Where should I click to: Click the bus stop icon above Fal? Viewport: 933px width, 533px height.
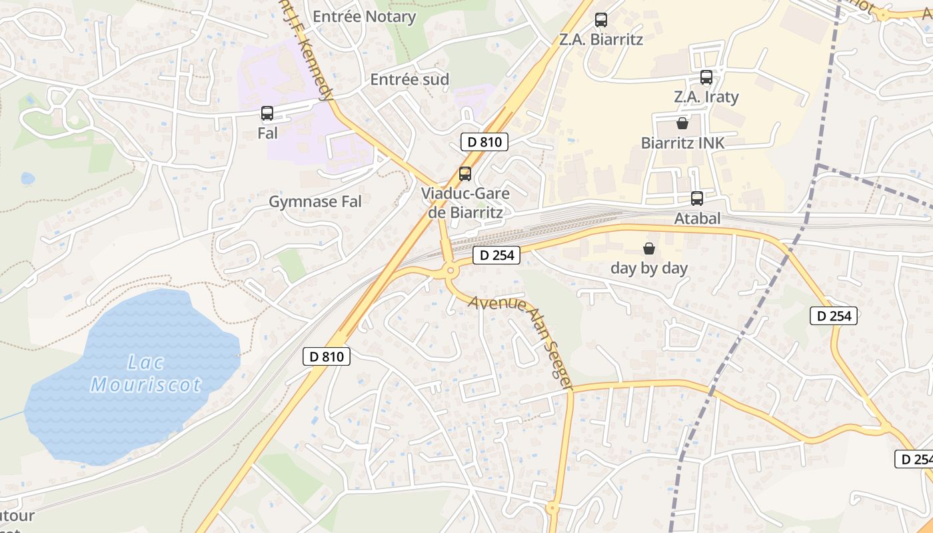267,113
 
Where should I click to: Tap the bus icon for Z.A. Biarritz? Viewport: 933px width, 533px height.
601,20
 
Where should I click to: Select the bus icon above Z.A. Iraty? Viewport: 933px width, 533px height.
706,77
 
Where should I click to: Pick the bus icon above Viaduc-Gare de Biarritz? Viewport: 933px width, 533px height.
465,174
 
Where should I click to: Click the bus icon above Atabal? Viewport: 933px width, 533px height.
697,198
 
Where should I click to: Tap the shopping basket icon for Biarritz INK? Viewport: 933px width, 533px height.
682,123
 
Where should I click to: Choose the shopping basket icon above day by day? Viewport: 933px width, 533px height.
649,249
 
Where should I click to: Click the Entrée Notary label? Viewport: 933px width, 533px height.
364,17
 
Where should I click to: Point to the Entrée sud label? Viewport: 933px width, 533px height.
410,79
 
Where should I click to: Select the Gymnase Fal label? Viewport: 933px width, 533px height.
315,201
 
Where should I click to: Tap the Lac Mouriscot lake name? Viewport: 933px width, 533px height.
146,374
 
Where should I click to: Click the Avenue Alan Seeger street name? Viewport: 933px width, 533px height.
520,342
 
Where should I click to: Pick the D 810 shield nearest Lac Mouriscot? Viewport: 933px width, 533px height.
327,356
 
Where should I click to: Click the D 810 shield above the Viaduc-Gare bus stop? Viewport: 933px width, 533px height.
484,141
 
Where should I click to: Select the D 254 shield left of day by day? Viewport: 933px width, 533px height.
496,255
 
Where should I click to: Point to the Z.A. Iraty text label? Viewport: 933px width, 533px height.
706,97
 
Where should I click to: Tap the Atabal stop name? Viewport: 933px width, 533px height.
697,218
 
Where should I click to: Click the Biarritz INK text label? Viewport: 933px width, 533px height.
682,143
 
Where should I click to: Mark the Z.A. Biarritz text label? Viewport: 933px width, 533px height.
601,39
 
